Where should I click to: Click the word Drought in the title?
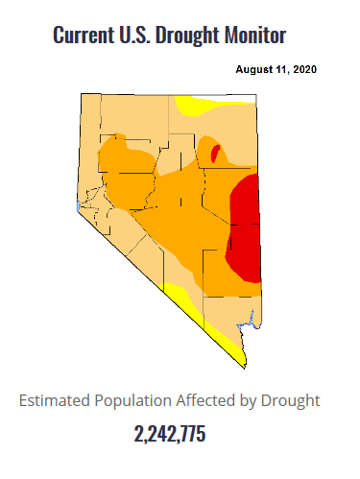tap(195, 36)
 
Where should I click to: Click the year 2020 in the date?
tap(304, 70)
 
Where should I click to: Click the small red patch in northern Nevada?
tap(215, 152)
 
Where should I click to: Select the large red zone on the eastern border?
tap(246, 226)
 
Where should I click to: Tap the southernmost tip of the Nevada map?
tap(240, 366)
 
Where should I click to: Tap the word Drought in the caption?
tap(294, 399)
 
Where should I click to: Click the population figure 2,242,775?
tap(170, 433)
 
